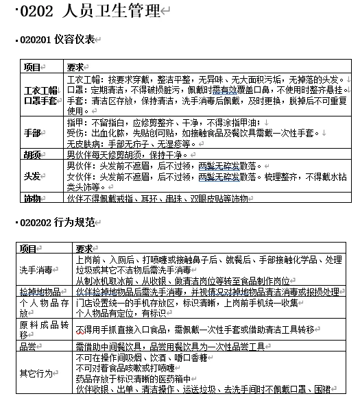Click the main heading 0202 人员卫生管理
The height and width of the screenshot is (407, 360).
pyautogui.click(x=90, y=12)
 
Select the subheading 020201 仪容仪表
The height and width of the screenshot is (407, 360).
pyautogui.click(x=56, y=40)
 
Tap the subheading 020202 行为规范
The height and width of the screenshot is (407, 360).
pyautogui.click(x=56, y=223)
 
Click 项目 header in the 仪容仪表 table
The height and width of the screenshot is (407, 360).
pyautogui.click(x=32, y=67)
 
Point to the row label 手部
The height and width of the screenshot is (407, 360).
pyautogui.click(x=32, y=132)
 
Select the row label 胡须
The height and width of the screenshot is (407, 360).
pyautogui.click(x=32, y=155)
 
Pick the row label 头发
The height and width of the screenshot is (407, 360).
pyautogui.click(x=32, y=176)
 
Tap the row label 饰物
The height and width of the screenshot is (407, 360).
pyautogui.click(x=32, y=198)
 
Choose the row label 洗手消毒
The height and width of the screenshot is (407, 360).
pyautogui.click(x=36, y=270)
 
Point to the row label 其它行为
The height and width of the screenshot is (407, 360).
pyautogui.click(x=34, y=373)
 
